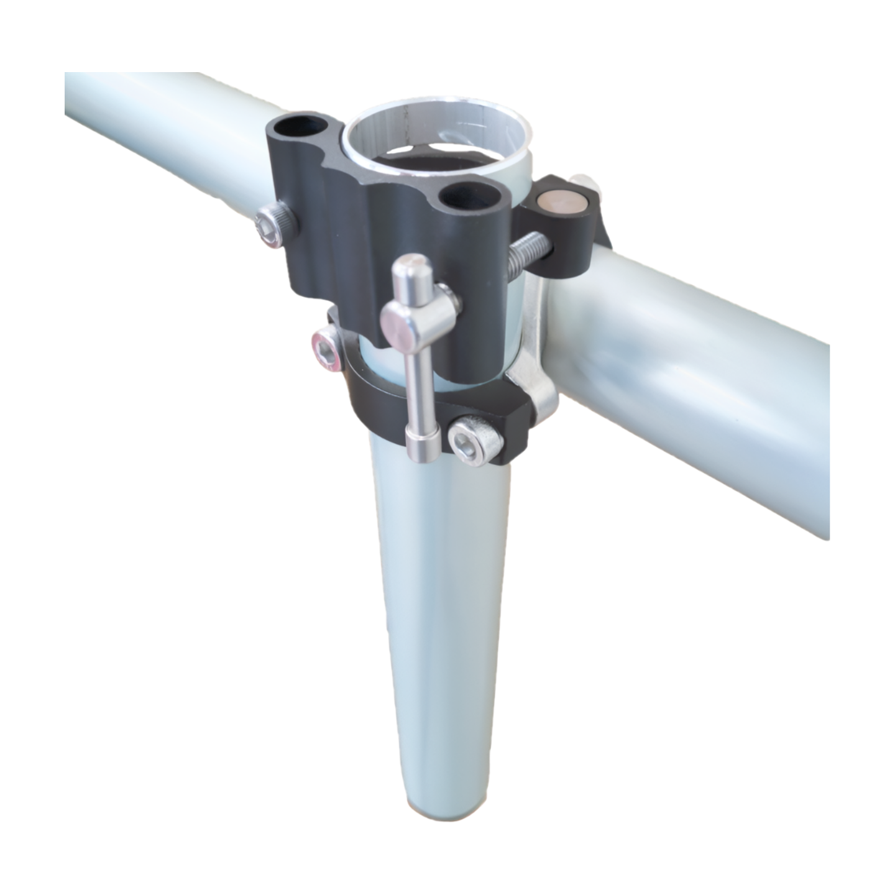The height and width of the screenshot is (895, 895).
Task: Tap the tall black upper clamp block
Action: pyautogui.click(x=348, y=242)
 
